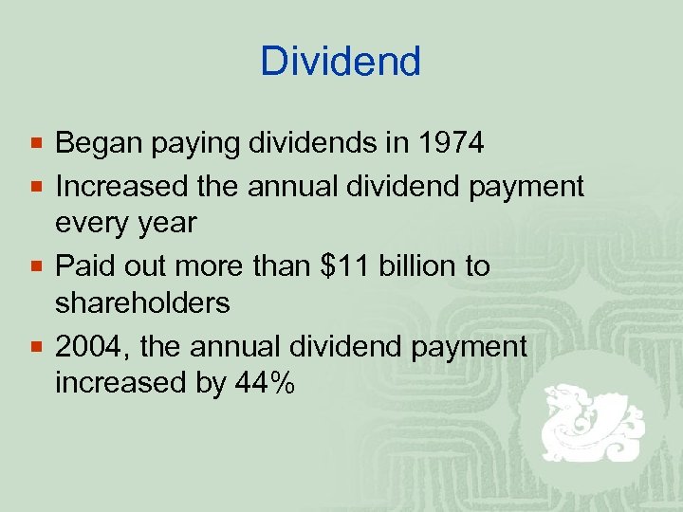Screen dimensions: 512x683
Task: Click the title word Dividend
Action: tap(341, 63)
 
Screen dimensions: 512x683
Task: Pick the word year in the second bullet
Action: tap(167, 225)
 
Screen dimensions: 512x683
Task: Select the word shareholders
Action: tap(142, 303)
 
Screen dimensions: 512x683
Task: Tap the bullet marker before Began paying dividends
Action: tap(36, 145)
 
